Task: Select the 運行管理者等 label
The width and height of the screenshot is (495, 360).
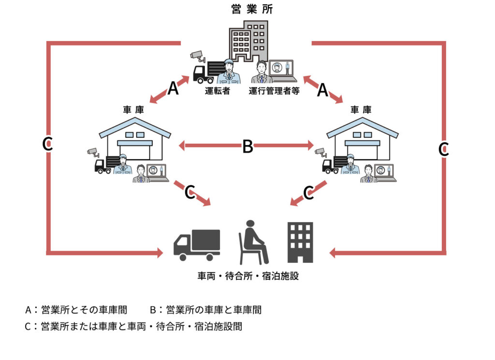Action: (275, 90)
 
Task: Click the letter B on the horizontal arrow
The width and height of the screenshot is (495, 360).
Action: (247, 146)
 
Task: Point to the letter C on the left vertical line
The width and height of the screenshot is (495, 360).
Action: (47, 144)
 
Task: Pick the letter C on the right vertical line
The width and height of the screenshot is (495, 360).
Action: (444, 149)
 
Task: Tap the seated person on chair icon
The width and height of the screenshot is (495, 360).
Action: (253, 242)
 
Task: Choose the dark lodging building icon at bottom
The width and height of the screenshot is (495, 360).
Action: (300, 242)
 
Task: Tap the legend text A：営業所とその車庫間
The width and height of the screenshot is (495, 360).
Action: (76, 310)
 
